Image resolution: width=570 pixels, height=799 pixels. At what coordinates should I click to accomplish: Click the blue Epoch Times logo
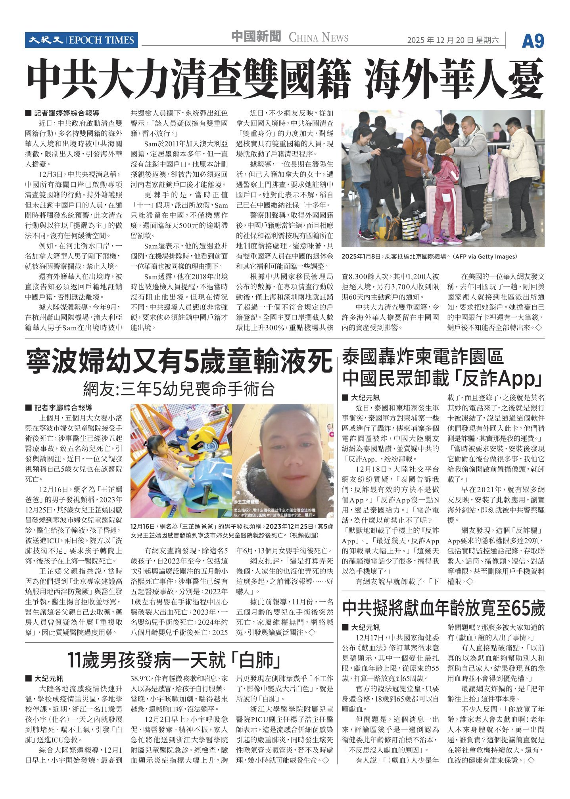pyautogui.click(x=81, y=40)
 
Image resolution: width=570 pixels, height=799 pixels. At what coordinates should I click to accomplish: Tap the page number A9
pyautogui.click(x=533, y=41)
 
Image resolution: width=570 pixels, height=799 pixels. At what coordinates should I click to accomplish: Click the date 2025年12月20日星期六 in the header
pyautogui.click(x=453, y=40)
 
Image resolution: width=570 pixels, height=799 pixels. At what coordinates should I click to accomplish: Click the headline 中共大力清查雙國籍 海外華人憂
pyautogui.click(x=284, y=78)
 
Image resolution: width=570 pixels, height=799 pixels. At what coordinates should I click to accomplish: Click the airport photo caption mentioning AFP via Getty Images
pyautogui.click(x=429, y=256)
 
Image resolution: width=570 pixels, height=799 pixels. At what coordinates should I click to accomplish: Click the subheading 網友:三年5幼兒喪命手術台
pyautogui.click(x=179, y=389)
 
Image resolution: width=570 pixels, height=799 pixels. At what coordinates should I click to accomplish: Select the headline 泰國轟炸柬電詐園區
pyautogui.click(x=422, y=357)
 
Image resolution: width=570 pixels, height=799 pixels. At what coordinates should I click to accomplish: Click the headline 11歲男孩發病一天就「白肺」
pyautogui.click(x=175, y=660)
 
